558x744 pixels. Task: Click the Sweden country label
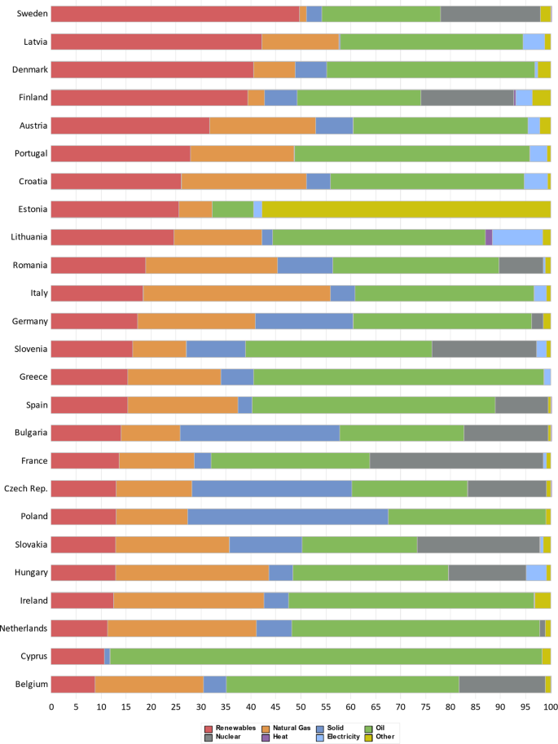click(x=33, y=14)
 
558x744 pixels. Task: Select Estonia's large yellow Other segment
click(x=406, y=209)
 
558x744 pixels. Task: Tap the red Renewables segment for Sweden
click(x=174, y=14)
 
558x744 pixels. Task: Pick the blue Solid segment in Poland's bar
click(x=288, y=517)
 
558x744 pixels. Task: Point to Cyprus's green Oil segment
click(x=325, y=656)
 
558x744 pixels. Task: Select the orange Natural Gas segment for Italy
click(x=236, y=293)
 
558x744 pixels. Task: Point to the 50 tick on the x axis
click(x=301, y=708)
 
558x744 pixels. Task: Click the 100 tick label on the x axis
click(x=551, y=708)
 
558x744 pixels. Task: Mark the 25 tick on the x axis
click(x=176, y=708)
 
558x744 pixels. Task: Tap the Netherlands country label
click(x=24, y=628)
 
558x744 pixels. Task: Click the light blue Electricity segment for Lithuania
click(x=517, y=237)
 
